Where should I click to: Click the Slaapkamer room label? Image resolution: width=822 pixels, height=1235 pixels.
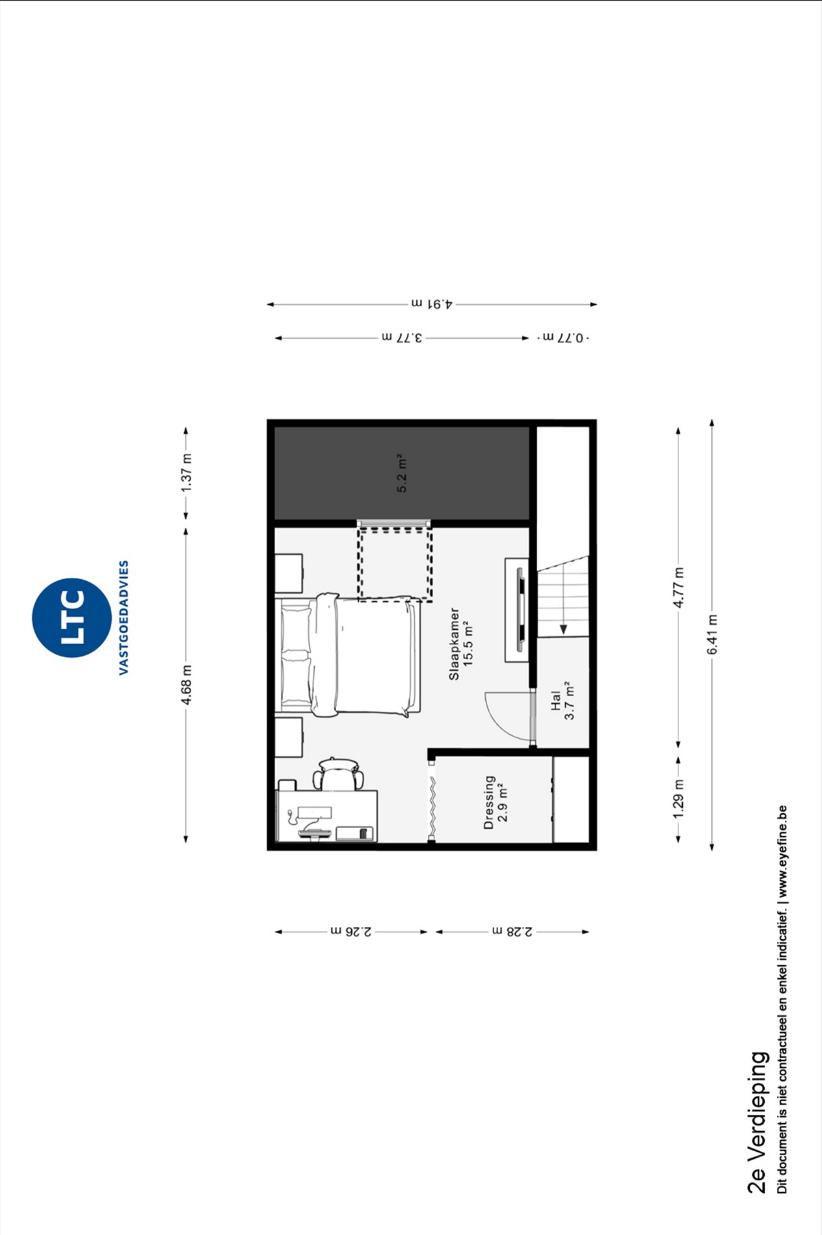click(x=454, y=643)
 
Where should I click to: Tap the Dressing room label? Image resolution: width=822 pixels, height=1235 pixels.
click(x=489, y=802)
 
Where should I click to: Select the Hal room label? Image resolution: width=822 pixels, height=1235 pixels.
click(x=555, y=701)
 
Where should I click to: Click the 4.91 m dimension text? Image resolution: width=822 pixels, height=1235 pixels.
click(x=432, y=304)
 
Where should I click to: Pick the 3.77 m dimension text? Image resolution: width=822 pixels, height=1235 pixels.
click(x=402, y=338)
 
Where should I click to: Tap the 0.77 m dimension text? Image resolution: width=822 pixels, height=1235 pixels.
click(x=563, y=338)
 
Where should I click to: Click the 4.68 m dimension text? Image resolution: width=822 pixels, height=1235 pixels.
click(x=187, y=684)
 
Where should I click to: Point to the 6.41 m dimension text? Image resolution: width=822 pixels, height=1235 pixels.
click(x=713, y=634)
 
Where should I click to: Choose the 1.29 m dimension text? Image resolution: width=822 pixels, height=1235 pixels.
click(x=678, y=798)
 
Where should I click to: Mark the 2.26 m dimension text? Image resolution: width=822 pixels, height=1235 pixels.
click(x=351, y=931)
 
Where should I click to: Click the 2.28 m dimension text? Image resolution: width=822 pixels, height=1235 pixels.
click(x=512, y=931)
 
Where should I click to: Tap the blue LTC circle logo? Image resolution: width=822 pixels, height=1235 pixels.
click(x=72, y=617)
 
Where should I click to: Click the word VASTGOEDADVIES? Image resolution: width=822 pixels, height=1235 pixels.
click(x=124, y=617)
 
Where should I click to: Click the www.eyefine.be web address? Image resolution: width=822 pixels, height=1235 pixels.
click(x=782, y=851)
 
